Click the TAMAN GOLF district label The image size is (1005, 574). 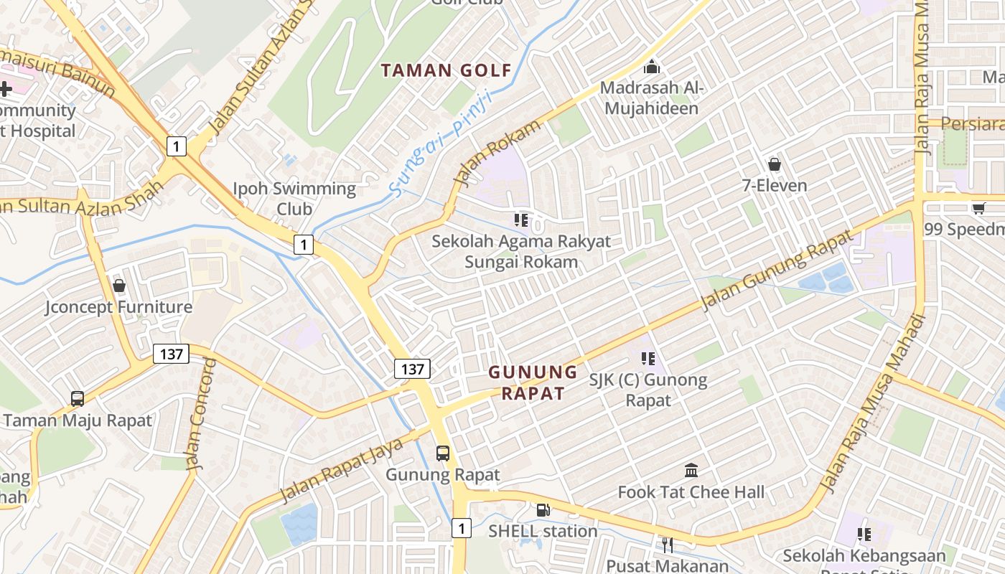446,70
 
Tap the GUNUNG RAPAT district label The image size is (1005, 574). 533,382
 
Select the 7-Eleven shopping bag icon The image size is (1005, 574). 775,164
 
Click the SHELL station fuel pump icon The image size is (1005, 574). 543,510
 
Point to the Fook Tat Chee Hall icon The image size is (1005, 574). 691,471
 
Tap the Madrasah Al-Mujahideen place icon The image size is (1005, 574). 652,67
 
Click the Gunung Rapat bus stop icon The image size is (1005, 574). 443,453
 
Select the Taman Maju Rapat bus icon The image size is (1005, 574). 78,398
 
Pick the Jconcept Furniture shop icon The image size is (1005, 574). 119,286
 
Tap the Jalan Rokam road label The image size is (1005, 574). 497,151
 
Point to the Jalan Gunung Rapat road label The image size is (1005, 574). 777,270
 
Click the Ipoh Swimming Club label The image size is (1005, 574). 294,199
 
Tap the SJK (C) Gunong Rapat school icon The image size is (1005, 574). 648,358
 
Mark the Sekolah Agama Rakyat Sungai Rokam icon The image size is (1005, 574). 521,220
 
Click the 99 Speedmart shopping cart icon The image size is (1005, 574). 978,208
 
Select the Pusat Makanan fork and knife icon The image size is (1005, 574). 668,545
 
